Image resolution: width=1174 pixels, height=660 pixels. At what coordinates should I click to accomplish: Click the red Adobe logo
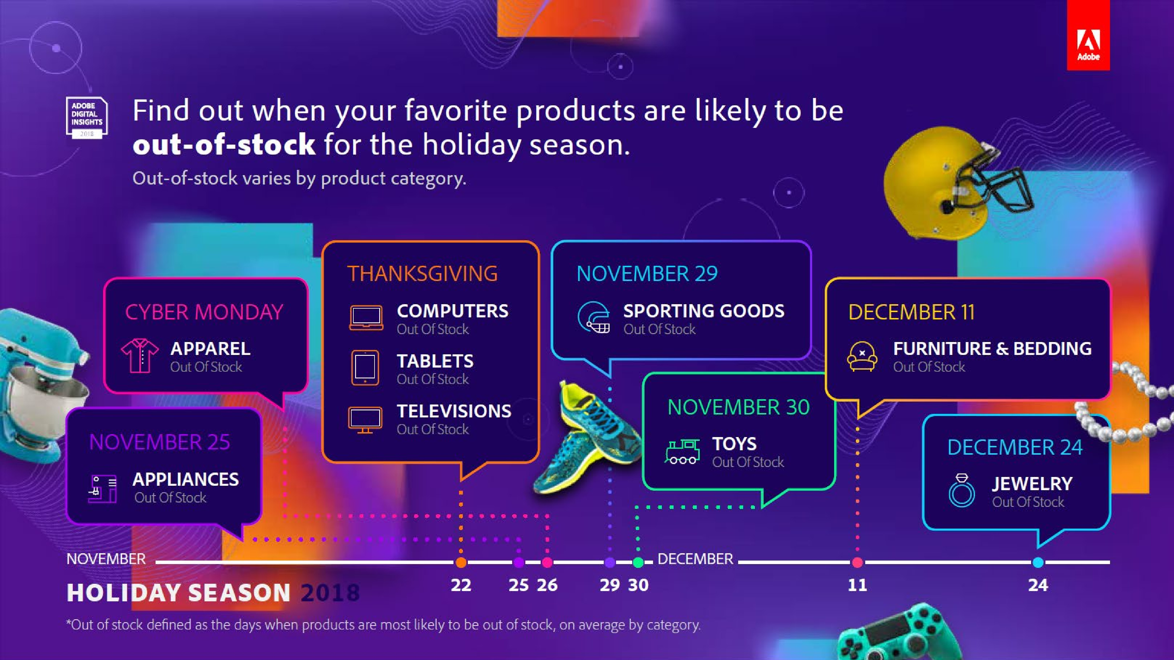click(x=1088, y=35)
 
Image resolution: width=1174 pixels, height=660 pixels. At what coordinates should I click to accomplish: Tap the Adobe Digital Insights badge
click(x=87, y=117)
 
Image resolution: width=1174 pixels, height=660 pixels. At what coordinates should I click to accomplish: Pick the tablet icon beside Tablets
click(x=365, y=368)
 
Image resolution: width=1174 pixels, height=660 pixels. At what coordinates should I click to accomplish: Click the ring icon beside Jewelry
click(x=962, y=490)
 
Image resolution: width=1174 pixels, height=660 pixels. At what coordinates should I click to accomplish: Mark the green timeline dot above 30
click(x=638, y=563)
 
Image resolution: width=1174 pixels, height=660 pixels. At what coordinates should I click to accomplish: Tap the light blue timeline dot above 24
click(x=1038, y=563)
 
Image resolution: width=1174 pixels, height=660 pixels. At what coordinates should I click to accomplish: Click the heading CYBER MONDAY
click(x=204, y=312)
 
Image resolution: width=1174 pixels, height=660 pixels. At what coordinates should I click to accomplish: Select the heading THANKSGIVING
click(x=422, y=274)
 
